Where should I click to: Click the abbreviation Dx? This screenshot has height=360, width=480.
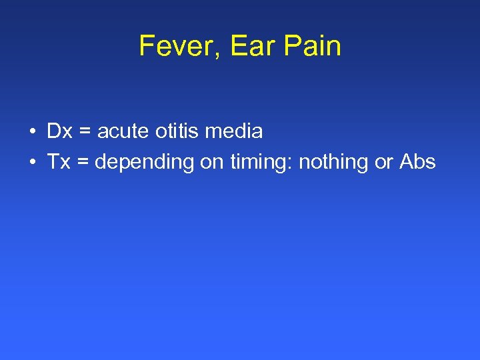click(x=59, y=131)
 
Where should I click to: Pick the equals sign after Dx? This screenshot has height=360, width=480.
click(x=85, y=132)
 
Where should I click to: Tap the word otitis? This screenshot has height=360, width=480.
click(x=177, y=131)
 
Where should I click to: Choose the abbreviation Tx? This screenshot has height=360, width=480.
click(x=59, y=162)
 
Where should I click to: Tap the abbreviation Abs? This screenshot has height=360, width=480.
click(x=417, y=162)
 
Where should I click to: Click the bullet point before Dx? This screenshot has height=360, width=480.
click(x=33, y=132)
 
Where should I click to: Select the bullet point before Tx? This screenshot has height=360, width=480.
click(x=33, y=163)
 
